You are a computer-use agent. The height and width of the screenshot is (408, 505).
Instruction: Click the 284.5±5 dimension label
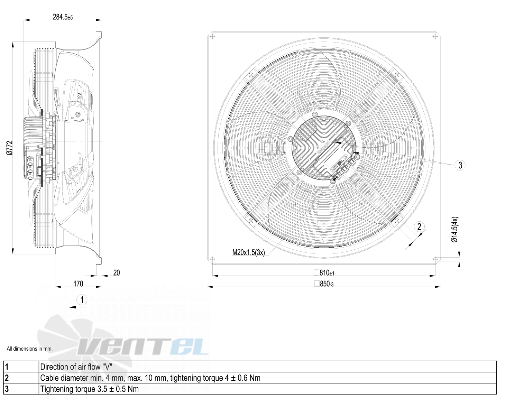pos(63,17)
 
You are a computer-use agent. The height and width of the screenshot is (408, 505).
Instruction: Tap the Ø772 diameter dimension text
pos(10,148)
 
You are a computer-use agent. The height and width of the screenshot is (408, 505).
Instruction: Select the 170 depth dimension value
pos(78,284)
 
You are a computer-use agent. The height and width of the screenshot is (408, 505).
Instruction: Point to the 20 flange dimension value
pos(117,273)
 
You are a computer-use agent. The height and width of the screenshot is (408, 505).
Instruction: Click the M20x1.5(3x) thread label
pos(248,252)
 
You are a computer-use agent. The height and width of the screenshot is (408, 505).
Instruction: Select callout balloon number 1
pos(82,300)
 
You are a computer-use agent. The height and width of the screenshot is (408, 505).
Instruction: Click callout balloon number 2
pos(419,227)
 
